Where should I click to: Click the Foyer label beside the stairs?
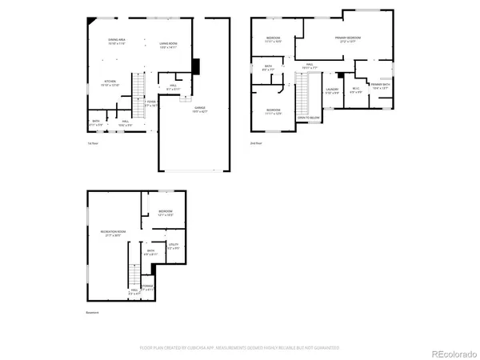pos(151,102)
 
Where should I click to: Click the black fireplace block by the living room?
pos(198,66)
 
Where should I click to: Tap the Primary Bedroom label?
pos(347,39)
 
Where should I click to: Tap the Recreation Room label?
pos(110,234)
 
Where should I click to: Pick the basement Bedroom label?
pos(166,212)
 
